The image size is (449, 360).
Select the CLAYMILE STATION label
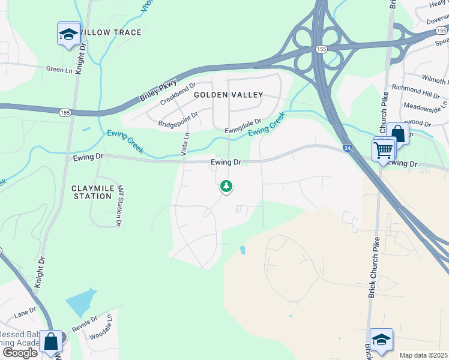97,192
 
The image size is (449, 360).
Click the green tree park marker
226,187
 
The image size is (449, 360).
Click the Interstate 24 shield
348,148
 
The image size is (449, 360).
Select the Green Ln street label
59,70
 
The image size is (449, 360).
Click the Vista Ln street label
185,143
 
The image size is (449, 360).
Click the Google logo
20,353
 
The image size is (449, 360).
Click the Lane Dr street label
25,313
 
